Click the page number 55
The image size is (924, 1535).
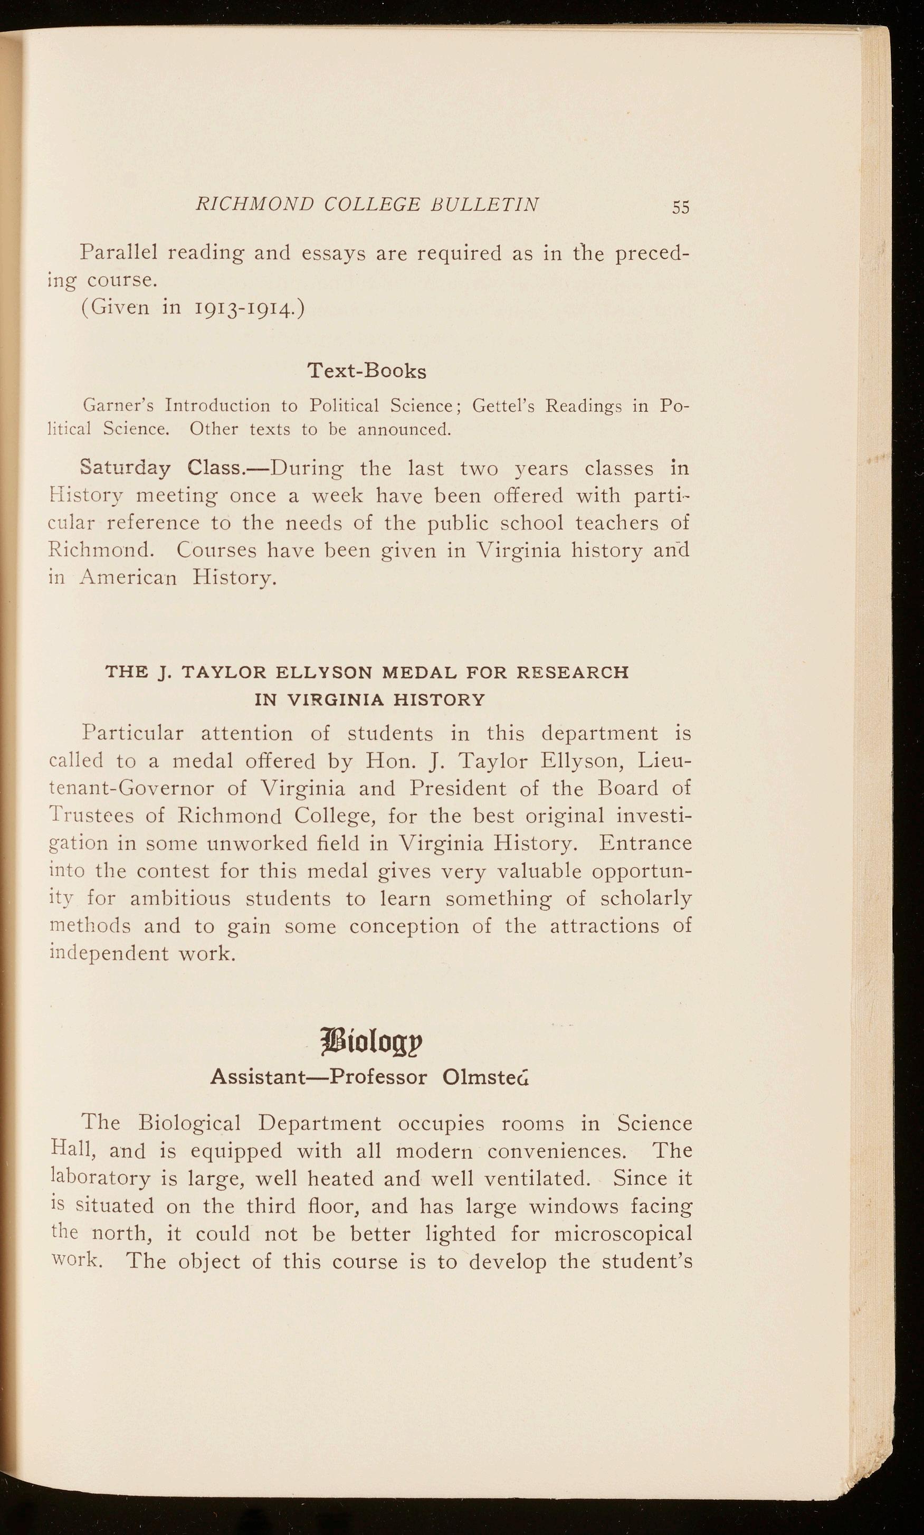[681, 207]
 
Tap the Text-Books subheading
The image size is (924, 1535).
[367, 371]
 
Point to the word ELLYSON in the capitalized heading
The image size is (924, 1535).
[325, 672]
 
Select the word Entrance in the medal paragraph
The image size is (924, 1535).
[646, 843]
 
